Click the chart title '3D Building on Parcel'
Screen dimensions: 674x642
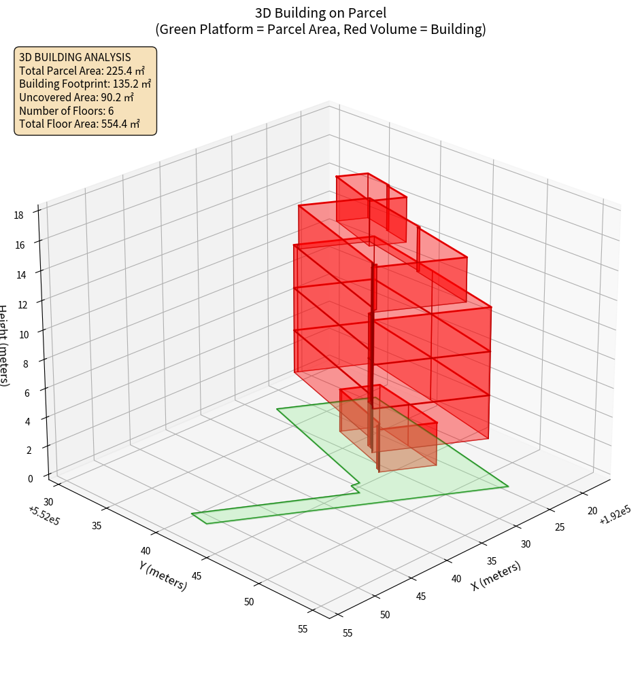click(320, 12)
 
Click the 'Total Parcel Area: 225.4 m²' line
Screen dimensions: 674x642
click(82, 70)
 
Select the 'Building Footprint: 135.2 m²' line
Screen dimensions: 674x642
click(85, 84)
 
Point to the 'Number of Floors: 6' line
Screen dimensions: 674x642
click(67, 111)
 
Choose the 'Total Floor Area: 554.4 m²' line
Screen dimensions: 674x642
click(80, 124)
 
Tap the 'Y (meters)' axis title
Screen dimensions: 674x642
click(163, 575)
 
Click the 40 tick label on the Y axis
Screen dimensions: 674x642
click(146, 551)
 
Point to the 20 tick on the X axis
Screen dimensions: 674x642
click(592, 511)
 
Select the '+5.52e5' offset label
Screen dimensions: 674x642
click(44, 514)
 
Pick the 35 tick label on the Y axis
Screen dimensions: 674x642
click(97, 525)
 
